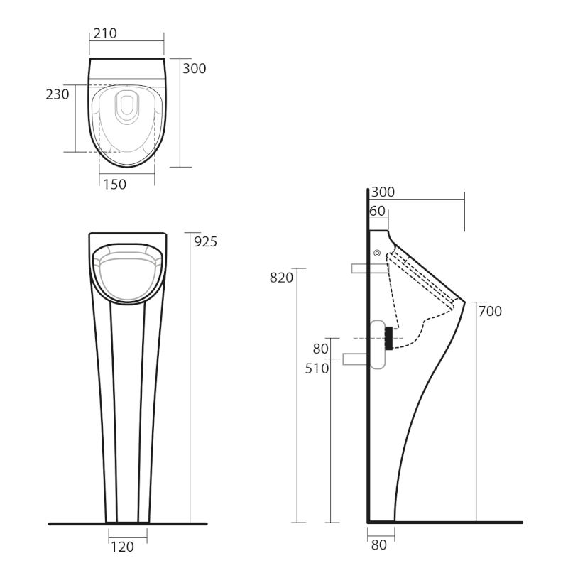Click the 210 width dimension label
pyautogui.click(x=104, y=33)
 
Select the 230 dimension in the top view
pyautogui.click(x=58, y=94)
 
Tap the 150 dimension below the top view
pyautogui.click(x=114, y=185)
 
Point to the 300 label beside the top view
pyautogui.click(x=195, y=69)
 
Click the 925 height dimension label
pyautogui.click(x=205, y=241)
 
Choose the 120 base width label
pyautogui.click(x=121, y=547)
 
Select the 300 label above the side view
pyautogui.click(x=383, y=192)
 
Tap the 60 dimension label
pyautogui.click(x=377, y=211)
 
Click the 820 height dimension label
pyautogui.click(x=281, y=278)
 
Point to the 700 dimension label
pyautogui.click(x=490, y=311)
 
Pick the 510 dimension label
pyautogui.click(x=317, y=368)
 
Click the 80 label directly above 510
pyautogui.click(x=321, y=349)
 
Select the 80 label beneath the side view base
pyautogui.click(x=379, y=545)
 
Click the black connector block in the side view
pyautogui.click(x=388, y=338)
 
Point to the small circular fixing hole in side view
pyautogui.click(x=377, y=253)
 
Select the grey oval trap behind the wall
pyautogui.click(x=378, y=344)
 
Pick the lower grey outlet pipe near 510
pyautogui.click(x=355, y=359)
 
